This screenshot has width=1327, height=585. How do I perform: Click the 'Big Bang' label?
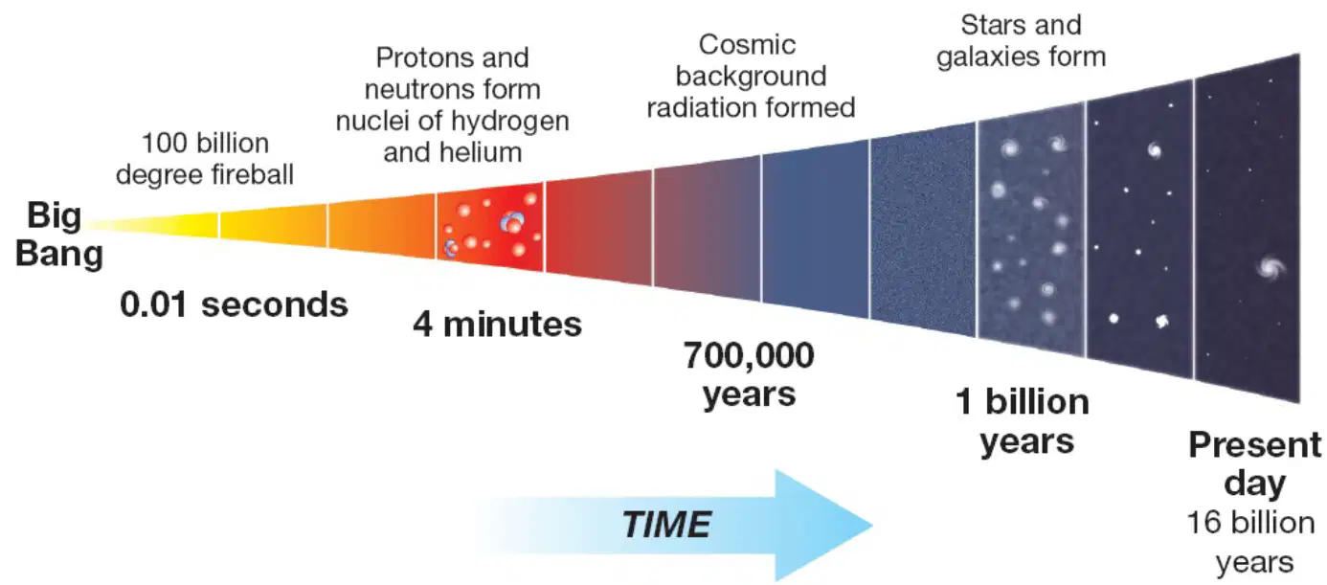point(58,235)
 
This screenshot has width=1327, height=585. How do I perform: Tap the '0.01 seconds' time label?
point(234,304)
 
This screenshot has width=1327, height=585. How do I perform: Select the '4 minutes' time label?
point(498,325)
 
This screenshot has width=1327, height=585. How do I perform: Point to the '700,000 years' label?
point(749,374)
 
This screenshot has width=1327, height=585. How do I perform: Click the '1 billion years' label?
point(1023,421)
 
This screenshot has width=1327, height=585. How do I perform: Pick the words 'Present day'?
point(1255,463)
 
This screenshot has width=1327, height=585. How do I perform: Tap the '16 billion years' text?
point(1251,542)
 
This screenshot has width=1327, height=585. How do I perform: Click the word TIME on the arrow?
point(666,525)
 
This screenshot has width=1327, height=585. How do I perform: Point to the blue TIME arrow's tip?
point(872,525)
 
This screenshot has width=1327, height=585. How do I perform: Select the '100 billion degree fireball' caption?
point(205,159)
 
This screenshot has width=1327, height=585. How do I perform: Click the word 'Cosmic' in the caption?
point(747,45)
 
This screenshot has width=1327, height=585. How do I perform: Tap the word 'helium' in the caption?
point(483,152)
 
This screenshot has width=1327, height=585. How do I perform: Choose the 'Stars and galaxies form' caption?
point(1022,41)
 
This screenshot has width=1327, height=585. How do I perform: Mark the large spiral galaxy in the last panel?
point(1271,267)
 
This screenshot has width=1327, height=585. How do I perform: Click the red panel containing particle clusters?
point(490,227)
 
